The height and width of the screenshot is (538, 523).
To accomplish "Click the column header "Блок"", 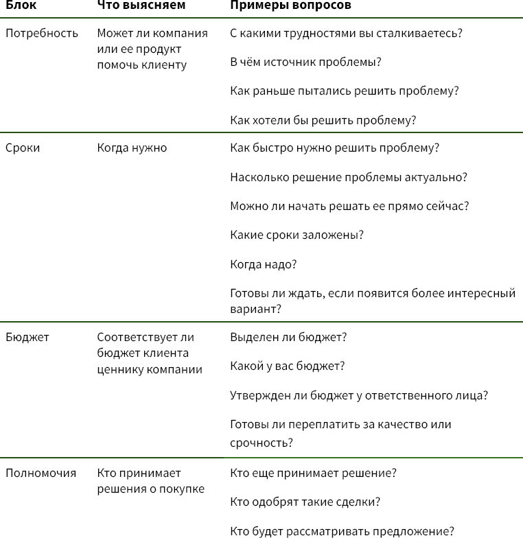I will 21,5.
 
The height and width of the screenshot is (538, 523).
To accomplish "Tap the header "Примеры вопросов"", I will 290,5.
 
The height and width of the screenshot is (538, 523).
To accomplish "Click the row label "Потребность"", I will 42,33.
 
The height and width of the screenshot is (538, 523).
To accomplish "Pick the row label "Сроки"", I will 23,148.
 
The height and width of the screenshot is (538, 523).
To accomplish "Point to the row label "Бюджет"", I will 27,337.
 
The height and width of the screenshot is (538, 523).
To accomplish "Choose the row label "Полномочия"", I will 40,473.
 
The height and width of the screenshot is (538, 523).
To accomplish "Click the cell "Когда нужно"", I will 132,148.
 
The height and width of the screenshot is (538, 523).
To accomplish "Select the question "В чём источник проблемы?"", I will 305,62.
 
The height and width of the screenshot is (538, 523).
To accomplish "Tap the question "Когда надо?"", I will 264,264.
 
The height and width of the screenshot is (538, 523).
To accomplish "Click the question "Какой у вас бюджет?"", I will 287,366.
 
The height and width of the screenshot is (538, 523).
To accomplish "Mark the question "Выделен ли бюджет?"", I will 288,337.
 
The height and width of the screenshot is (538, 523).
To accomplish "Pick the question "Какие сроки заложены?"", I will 297,235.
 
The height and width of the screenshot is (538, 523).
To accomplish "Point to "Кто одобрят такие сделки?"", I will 305,502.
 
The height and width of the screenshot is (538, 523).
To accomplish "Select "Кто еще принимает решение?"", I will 313,473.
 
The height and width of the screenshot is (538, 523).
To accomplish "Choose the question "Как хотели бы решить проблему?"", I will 323,120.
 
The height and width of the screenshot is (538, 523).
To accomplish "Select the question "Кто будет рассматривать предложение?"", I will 342,530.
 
